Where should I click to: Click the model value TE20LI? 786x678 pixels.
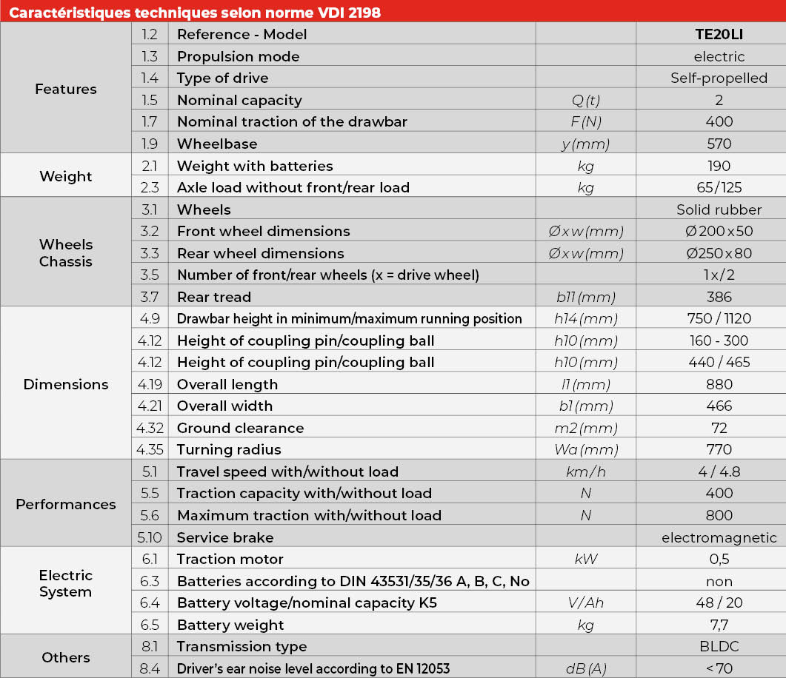coord(719,34)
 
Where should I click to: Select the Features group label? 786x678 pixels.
coord(66,89)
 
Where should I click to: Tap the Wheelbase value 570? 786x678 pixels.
coord(719,144)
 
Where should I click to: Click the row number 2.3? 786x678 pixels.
coord(150,187)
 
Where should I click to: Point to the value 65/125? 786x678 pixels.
coord(719,187)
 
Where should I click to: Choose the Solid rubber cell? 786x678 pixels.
coord(719,209)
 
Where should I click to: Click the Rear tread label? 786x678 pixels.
coord(214,297)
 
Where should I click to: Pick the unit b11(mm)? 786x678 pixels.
coord(585,297)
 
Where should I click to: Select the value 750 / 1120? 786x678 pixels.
coord(719,318)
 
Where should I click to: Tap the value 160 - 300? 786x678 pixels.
coord(719,340)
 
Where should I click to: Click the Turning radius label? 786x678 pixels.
coord(229,449)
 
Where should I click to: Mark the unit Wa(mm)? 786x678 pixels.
coord(585,449)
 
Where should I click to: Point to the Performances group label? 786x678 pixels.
coord(66,504)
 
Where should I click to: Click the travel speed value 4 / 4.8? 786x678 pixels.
coord(719,471)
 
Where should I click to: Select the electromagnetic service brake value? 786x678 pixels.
coord(719,537)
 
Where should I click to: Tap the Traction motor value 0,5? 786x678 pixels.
coord(719,559)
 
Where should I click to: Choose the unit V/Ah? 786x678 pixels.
coord(585,603)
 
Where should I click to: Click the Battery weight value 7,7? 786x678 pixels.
coord(719,625)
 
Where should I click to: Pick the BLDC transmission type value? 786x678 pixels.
coord(719,646)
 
